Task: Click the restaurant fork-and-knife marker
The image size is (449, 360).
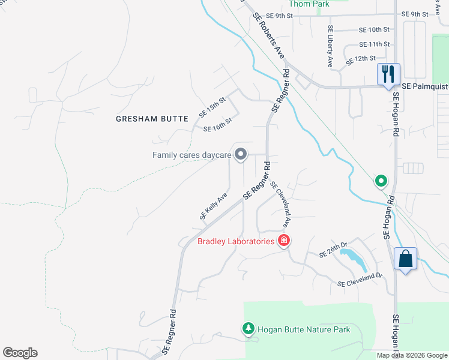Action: coord(388,74)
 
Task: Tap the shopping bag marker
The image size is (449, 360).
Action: coord(405,260)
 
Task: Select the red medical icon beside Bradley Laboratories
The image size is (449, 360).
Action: coord(283,241)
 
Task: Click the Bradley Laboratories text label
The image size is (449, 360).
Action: coord(237,242)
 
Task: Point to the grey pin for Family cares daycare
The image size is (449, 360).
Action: coord(241,155)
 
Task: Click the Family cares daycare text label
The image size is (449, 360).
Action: coord(191,155)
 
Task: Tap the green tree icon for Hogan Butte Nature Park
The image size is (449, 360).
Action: coord(248,329)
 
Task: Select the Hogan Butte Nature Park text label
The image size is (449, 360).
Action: coord(303,329)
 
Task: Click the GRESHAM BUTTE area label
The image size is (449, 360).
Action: coord(148,119)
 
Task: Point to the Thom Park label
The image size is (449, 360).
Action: coord(309,4)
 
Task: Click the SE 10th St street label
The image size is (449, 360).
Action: coord(375,29)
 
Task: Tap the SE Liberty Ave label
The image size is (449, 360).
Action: coord(330,46)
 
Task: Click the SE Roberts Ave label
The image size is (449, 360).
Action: coord(268,36)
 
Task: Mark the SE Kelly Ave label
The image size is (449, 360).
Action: coord(213,206)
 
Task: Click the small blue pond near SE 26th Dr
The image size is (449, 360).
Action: coord(354,259)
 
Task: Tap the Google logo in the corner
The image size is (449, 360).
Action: coord(20,353)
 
